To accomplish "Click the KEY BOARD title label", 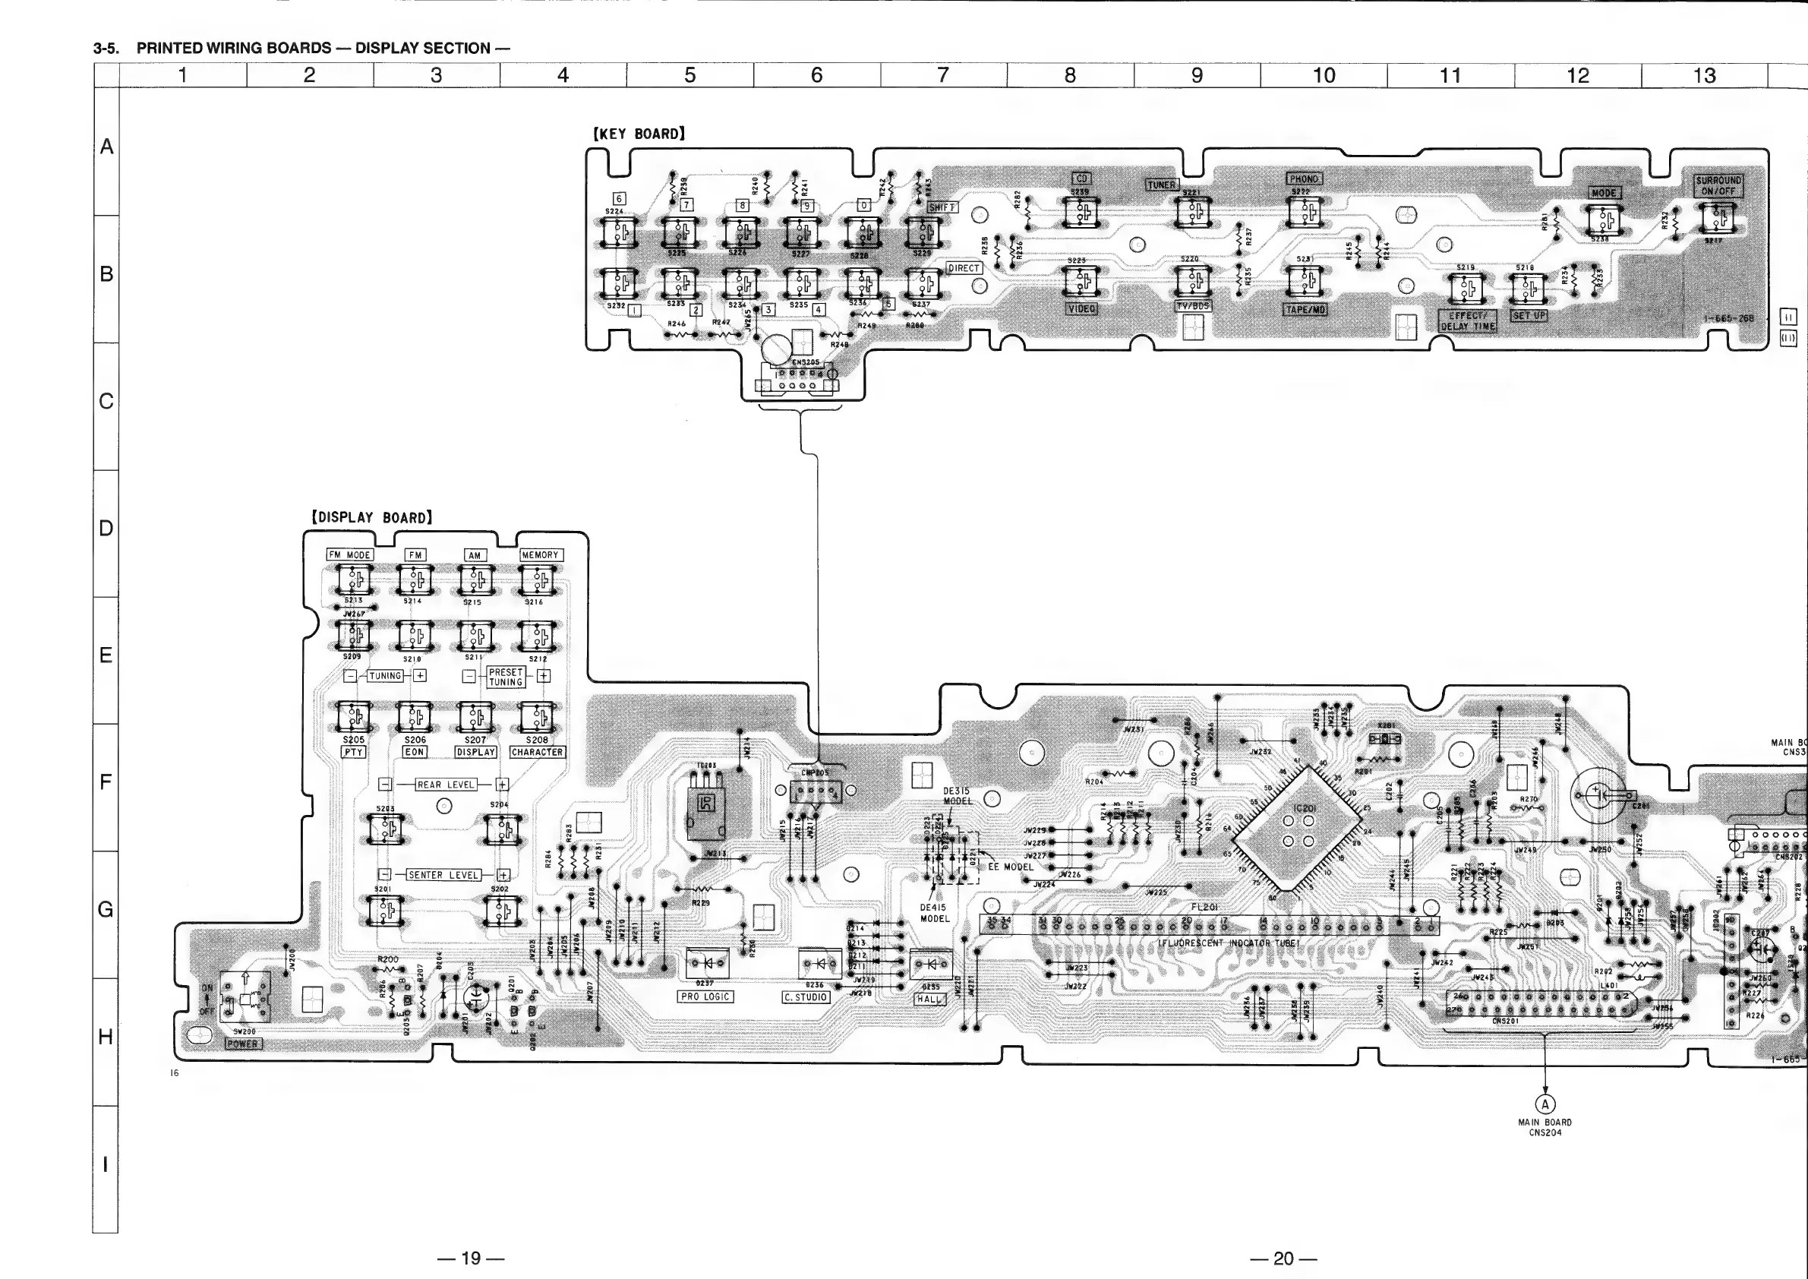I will (x=639, y=134).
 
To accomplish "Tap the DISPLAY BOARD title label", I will (x=371, y=517).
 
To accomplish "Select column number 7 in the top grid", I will (x=942, y=76).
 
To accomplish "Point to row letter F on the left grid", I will (x=106, y=782).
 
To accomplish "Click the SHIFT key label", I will (x=942, y=207).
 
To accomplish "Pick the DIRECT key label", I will (x=963, y=268).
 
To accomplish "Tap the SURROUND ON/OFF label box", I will (x=1719, y=186).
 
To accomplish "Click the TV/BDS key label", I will (x=1193, y=305).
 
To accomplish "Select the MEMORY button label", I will (x=539, y=555).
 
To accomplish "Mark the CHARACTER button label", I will (x=537, y=752).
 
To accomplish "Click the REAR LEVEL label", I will (x=446, y=785).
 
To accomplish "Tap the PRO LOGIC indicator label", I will (x=705, y=997).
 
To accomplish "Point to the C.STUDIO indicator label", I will (x=806, y=997).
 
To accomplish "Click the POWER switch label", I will (x=242, y=1044).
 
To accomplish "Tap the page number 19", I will (x=470, y=1258).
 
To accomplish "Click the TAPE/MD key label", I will (x=1305, y=310).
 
